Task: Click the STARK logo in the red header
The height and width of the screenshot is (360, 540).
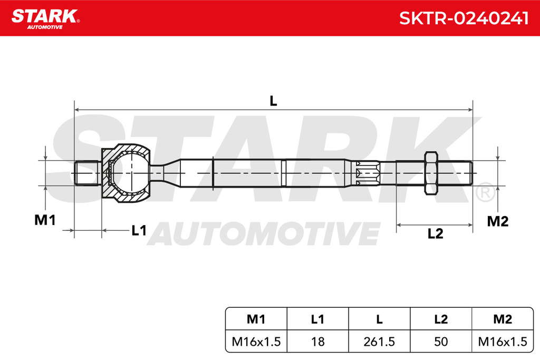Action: pyautogui.click(x=45, y=19)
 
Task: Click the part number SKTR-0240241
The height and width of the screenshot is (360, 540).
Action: pyautogui.click(x=464, y=18)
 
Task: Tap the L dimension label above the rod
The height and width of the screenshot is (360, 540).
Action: pyautogui.click(x=273, y=101)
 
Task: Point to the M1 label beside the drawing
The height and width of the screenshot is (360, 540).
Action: pyautogui.click(x=45, y=220)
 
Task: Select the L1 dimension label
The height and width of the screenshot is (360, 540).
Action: pyautogui.click(x=139, y=230)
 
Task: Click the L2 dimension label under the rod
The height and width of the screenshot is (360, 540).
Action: pyautogui.click(x=435, y=233)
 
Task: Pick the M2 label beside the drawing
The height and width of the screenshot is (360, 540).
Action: pyautogui.click(x=498, y=221)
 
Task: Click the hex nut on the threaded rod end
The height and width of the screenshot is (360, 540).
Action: pyautogui.click(x=431, y=173)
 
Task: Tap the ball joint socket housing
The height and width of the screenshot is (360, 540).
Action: pyautogui.click(x=126, y=173)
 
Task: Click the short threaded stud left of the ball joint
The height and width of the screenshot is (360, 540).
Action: pyautogui.click(x=88, y=173)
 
